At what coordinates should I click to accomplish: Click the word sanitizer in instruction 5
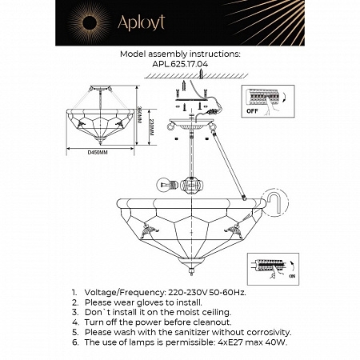click(194, 331)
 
